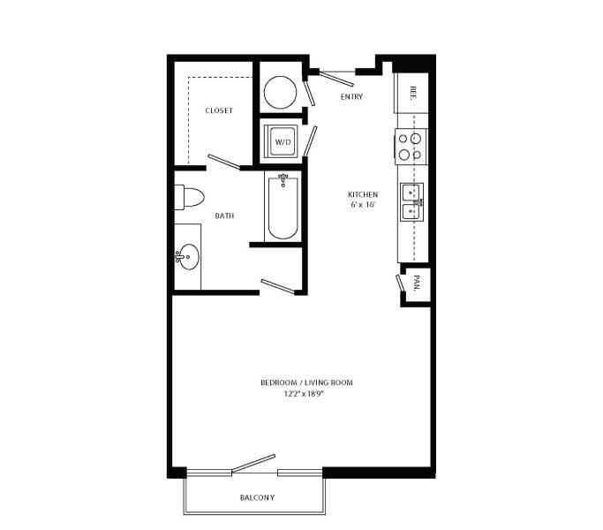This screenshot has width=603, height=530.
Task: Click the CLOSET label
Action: coord(218,110)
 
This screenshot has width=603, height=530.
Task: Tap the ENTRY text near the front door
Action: coord(351,96)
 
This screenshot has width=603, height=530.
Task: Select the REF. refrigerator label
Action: coord(411,93)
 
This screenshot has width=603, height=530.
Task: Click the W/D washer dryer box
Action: coord(283,141)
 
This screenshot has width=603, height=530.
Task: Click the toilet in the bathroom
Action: coord(190,198)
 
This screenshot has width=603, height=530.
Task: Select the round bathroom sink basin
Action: coord(188,257)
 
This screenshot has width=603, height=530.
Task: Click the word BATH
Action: coord(224,216)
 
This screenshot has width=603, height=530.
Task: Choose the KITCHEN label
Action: coord(362,194)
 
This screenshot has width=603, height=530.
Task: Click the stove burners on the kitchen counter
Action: coord(411,146)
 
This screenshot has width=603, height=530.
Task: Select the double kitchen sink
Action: coord(411,201)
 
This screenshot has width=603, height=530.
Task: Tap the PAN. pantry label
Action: coord(416,284)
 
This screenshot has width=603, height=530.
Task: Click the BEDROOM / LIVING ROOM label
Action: coord(301,382)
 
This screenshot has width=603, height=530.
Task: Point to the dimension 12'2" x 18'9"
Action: coord(301,394)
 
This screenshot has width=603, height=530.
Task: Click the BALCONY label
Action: coord(258,498)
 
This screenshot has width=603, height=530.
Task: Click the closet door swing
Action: coord(222,162)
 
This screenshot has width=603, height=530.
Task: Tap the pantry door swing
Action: coord(399,284)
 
